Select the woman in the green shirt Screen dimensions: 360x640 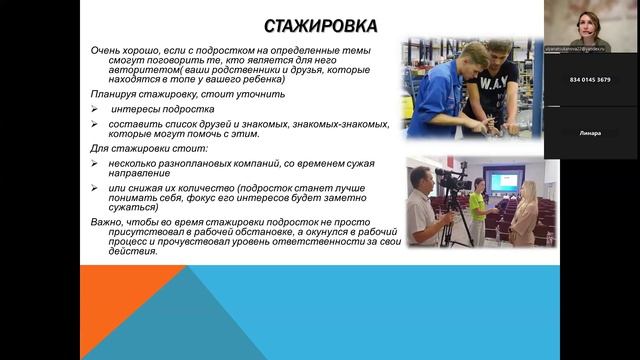click(x=478, y=205)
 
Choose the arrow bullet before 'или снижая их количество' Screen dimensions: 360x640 click(x=91, y=186)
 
